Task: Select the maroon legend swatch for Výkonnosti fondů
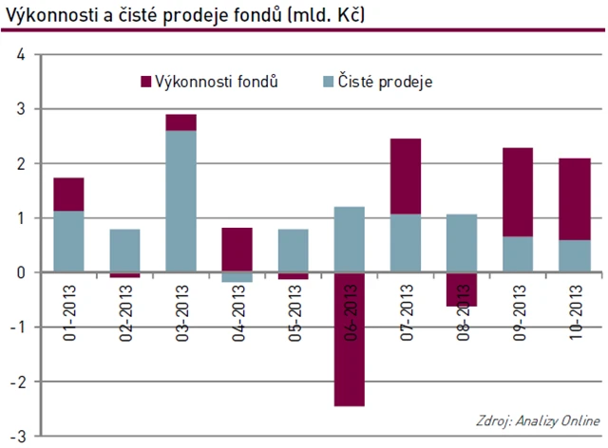click(x=145, y=82)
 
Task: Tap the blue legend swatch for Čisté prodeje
click(x=328, y=82)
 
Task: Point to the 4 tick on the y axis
click(x=20, y=55)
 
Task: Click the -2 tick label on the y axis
click(x=18, y=382)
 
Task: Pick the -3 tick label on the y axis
click(x=18, y=436)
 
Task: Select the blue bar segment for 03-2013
click(x=180, y=201)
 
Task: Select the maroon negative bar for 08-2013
click(x=463, y=289)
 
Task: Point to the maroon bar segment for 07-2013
click(x=406, y=177)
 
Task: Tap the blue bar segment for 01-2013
click(x=68, y=241)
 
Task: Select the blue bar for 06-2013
click(x=350, y=239)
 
